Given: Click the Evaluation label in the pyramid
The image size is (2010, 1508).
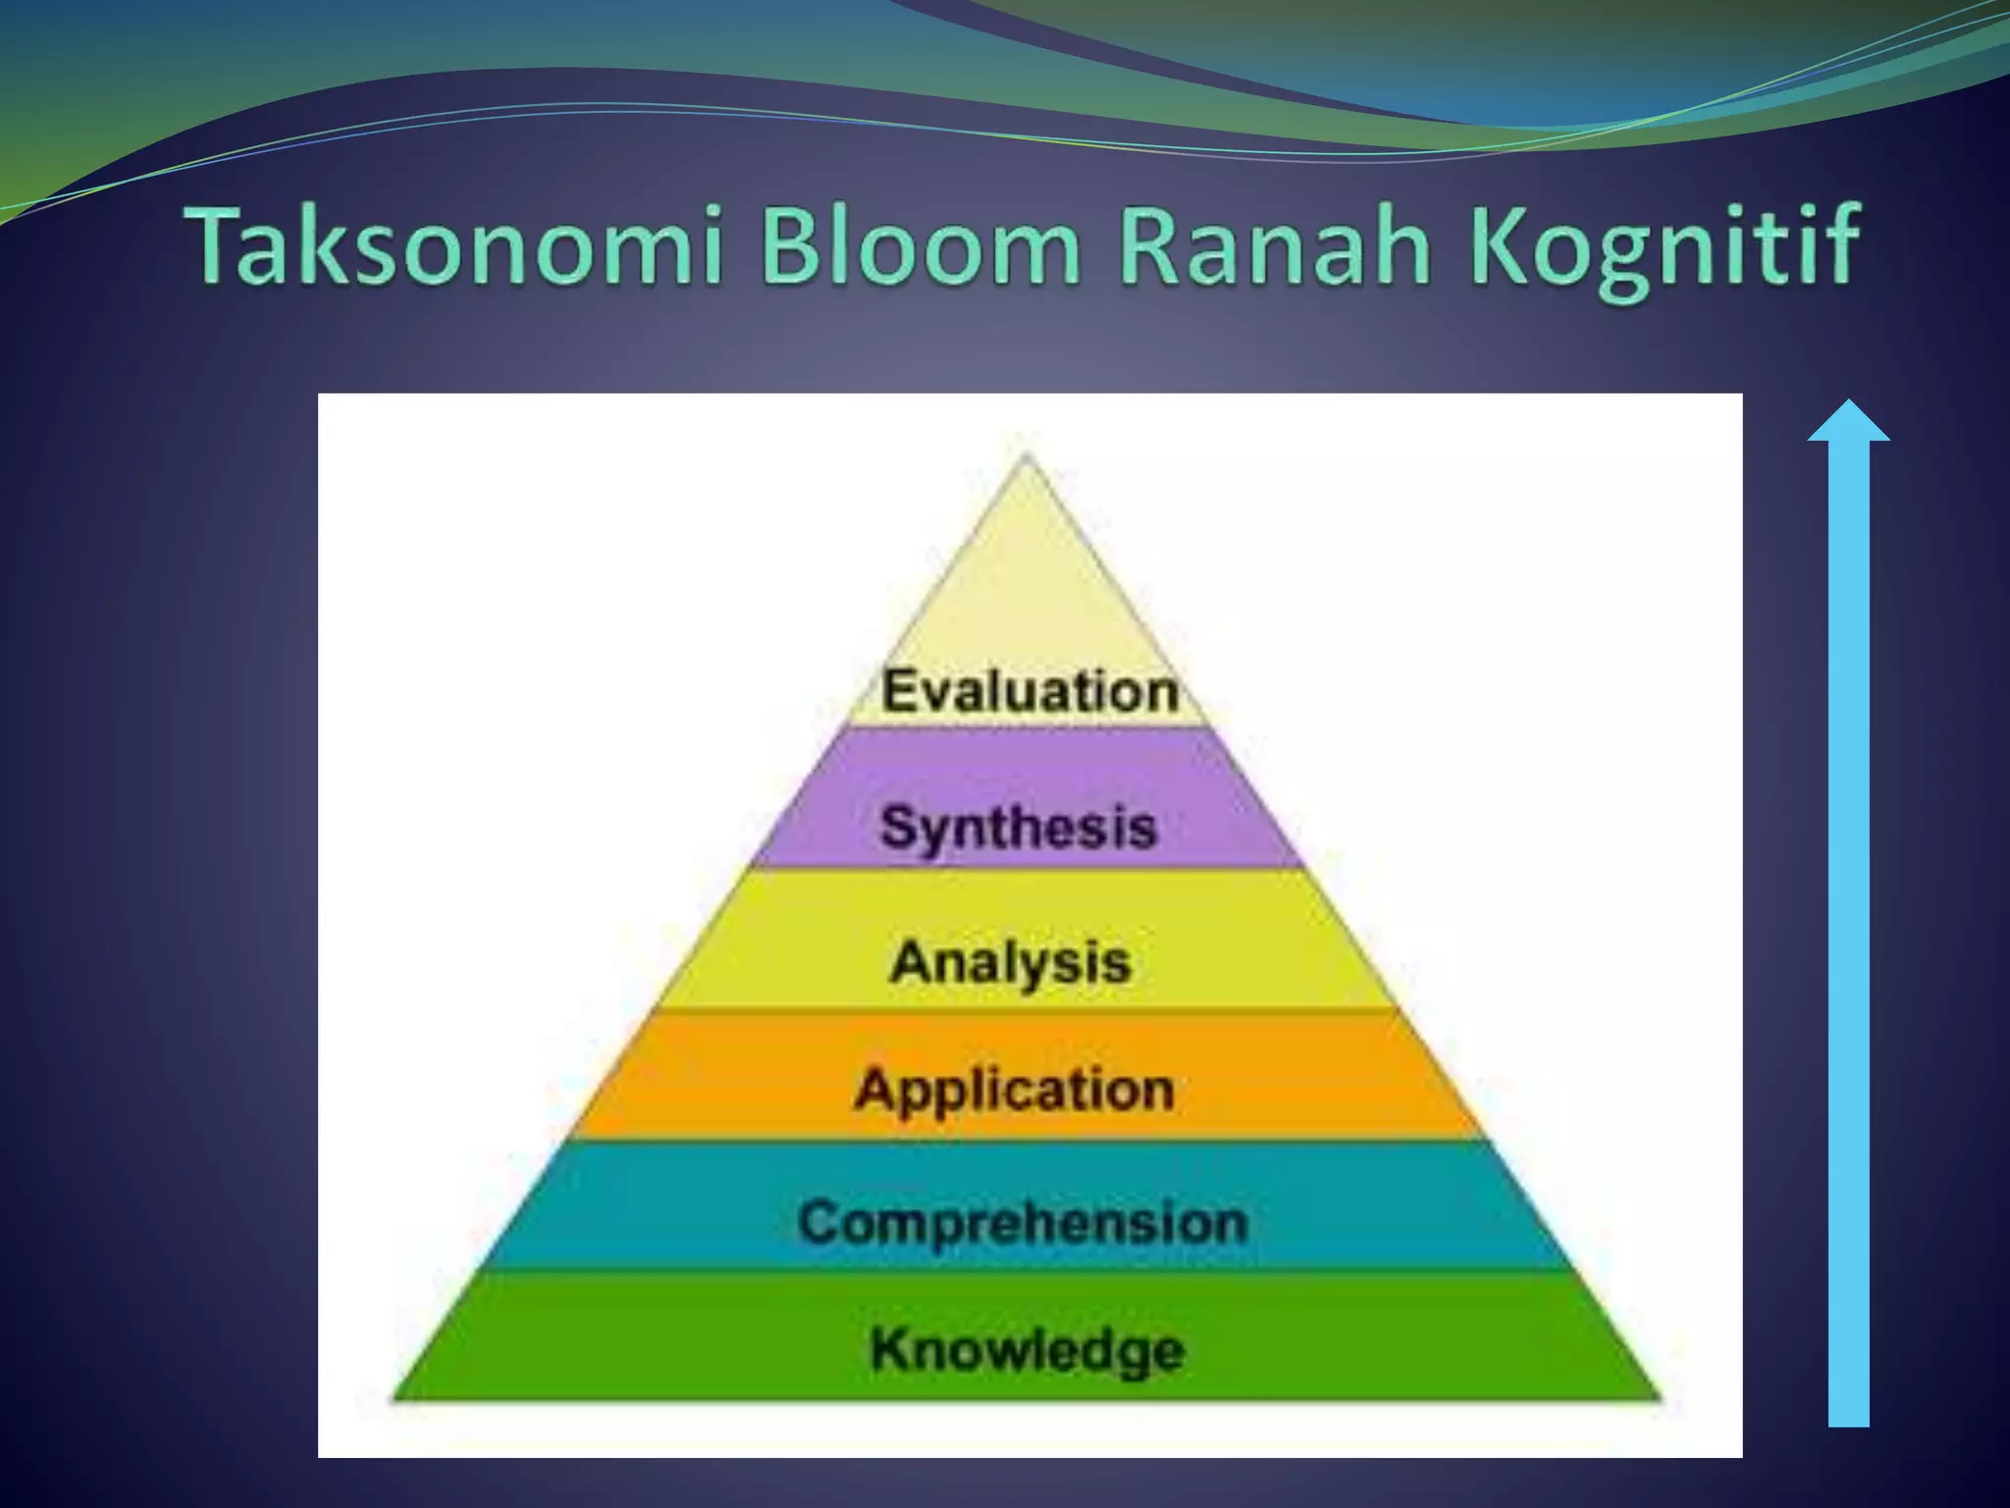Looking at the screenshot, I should [1030, 690].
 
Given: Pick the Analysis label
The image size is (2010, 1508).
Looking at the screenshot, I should [1011, 961].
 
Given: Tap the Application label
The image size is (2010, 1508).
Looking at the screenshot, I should [1015, 1090].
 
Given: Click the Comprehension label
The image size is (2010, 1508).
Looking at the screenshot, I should [1023, 1222].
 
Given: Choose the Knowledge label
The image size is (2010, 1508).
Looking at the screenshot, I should [1028, 1349].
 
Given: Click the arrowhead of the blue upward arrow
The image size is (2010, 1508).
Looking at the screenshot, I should [1849, 422].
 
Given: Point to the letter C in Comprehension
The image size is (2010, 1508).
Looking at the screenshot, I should [820, 1222].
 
